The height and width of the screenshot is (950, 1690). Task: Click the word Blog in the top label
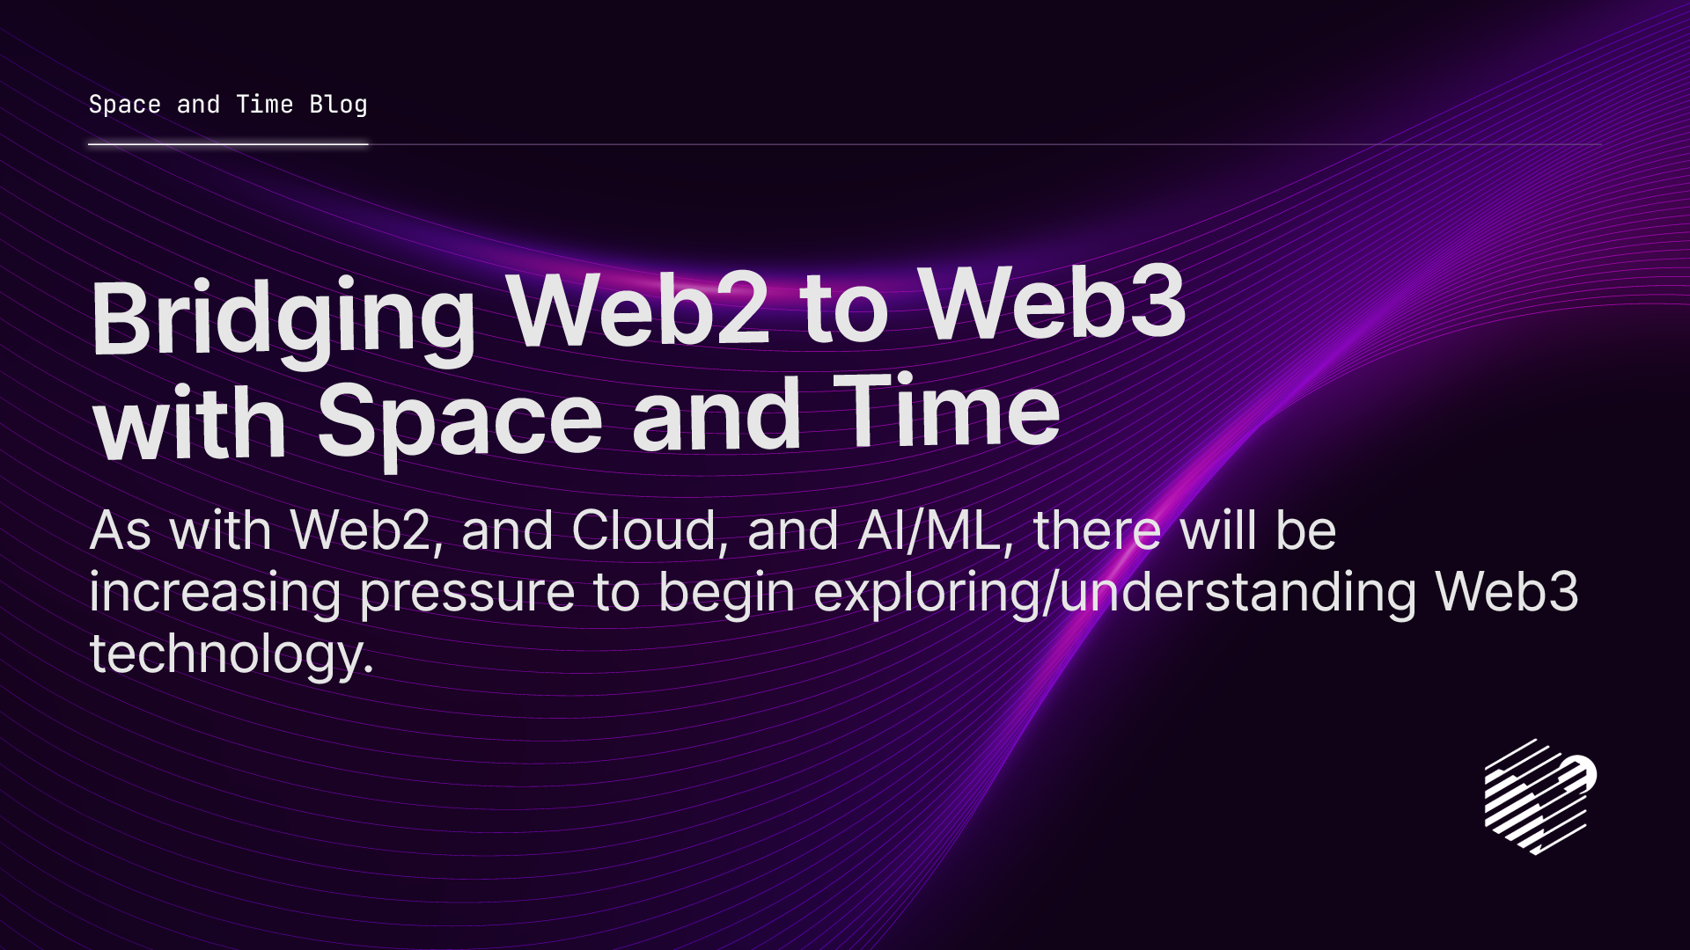338,105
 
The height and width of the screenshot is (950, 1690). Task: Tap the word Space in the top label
125,105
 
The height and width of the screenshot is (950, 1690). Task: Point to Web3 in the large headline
1053,303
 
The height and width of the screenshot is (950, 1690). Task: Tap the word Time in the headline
946,412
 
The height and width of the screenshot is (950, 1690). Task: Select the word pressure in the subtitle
467,592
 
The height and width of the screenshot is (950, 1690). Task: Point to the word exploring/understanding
1114,592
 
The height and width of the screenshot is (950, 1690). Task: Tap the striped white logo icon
1539,797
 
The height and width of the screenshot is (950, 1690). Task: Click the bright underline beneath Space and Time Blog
228,144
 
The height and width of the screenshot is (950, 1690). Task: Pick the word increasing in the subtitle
215,592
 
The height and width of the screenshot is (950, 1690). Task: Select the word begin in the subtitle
727,592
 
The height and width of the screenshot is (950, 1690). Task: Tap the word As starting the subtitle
121,530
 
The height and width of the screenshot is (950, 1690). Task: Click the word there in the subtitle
1097,530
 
